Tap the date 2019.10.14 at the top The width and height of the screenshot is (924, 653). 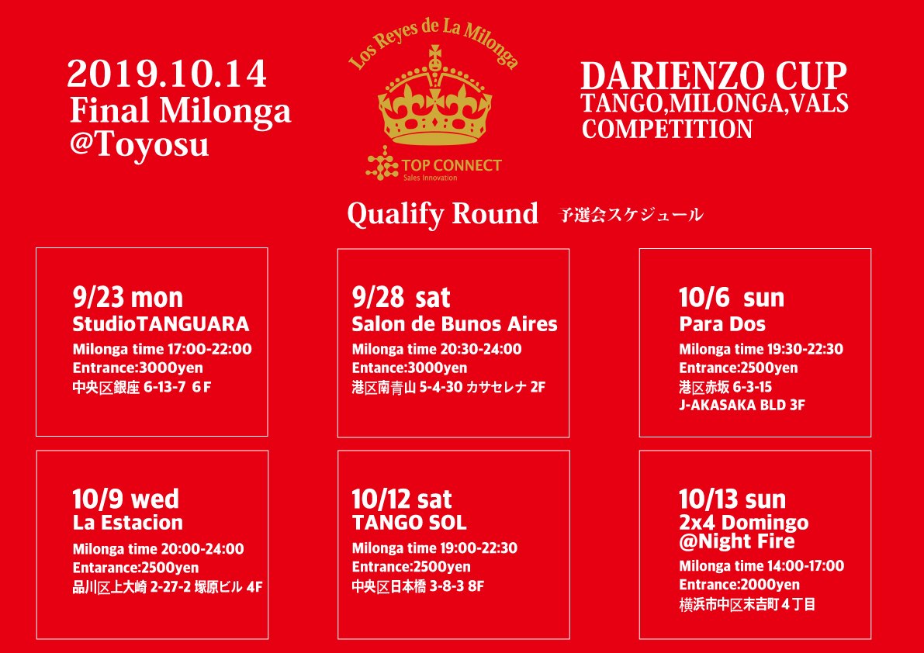167,75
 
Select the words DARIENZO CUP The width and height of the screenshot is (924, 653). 714,76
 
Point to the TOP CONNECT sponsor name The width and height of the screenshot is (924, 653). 452,165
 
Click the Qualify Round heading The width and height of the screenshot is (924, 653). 442,214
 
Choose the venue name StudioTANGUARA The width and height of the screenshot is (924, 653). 161,324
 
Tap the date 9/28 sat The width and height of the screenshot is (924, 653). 401,298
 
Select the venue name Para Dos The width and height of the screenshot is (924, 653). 722,324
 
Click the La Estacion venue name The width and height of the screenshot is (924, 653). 128,522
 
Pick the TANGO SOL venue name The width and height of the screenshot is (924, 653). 409,522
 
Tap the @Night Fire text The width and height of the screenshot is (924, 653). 736,541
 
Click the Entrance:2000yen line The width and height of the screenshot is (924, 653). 739,585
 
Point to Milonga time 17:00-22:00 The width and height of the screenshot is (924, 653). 162,349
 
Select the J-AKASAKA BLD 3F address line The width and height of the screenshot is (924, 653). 742,405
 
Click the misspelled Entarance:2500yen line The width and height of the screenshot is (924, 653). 136,568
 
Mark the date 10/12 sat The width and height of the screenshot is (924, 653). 402,499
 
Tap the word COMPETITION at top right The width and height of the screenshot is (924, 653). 666,129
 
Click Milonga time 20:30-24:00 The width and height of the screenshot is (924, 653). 437,349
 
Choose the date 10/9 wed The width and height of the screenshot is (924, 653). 126,499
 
